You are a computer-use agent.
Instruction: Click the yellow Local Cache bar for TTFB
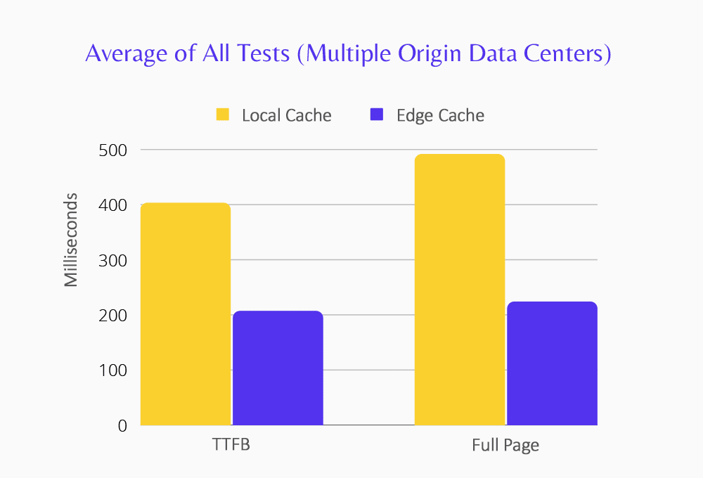tap(186, 314)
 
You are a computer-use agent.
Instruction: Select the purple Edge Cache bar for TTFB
tap(278, 368)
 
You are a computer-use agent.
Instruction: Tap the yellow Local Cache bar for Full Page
tap(460, 290)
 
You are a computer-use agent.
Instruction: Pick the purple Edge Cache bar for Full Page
tap(552, 363)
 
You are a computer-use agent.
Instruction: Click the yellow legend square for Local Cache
tap(223, 115)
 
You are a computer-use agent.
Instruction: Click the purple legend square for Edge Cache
tap(377, 115)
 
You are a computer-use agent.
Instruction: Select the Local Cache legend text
tap(286, 115)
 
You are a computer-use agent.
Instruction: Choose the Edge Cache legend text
tap(440, 115)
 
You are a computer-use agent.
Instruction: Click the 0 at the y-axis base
tap(122, 425)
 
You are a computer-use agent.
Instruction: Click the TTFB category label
tap(231, 446)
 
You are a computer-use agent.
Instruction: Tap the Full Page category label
tap(505, 446)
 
